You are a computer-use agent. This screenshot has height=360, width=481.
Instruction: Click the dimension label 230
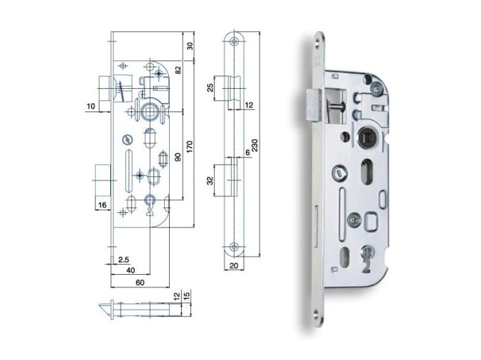tap(255, 146)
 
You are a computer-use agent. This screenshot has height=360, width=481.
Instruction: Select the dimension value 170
tap(189, 147)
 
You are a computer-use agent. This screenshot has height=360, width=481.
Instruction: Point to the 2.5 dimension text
tap(124, 260)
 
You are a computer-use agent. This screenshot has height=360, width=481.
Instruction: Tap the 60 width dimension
tap(140, 283)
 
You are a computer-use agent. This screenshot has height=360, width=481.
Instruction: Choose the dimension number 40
tap(130, 270)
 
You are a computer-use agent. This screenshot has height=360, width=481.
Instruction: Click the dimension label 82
tap(178, 70)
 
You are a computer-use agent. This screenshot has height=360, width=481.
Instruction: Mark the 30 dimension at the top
tap(190, 46)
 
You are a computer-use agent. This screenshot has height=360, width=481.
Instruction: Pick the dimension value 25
tap(210, 88)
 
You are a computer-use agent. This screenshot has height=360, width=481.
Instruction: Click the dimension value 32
tap(210, 181)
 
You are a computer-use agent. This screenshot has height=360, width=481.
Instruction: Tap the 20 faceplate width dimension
tap(234, 266)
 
